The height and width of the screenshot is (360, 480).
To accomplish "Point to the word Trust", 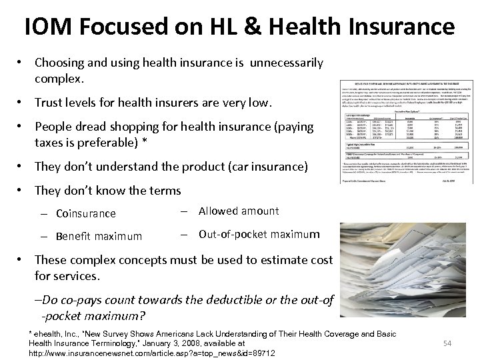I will tap(51, 103).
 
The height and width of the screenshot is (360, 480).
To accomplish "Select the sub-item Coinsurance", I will tap(86, 214).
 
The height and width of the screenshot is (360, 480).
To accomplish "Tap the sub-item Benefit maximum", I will tap(99, 236).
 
